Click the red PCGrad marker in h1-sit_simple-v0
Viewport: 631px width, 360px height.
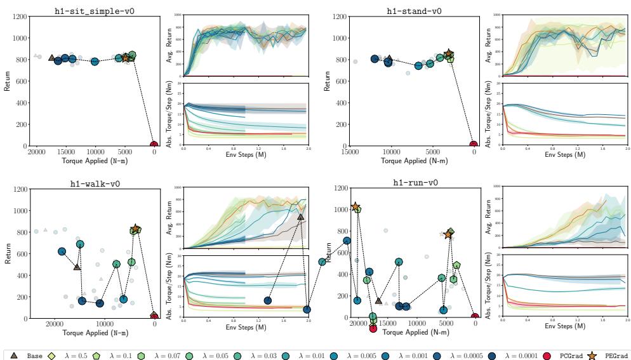[x=154, y=145]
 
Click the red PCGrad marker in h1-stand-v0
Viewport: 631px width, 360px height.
[x=473, y=145]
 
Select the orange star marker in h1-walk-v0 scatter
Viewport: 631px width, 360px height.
[x=135, y=229]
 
